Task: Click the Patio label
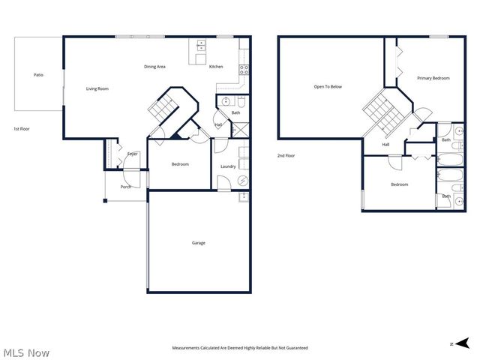pyautogui.click(x=37, y=74)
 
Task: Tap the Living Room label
pyautogui.click(x=97, y=88)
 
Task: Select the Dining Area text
pyautogui.click(x=154, y=67)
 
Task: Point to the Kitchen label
pyautogui.click(x=216, y=67)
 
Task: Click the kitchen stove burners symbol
pyautogui.click(x=243, y=70)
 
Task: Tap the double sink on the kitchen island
pyautogui.click(x=201, y=46)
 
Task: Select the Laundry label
pyautogui.click(x=229, y=166)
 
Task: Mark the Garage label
pyautogui.click(x=198, y=242)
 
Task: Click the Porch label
pyautogui.click(x=126, y=187)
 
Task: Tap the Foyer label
pyautogui.click(x=132, y=154)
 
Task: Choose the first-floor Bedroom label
pyautogui.click(x=180, y=164)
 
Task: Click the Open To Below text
pyautogui.click(x=328, y=86)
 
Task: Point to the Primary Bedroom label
pyautogui.click(x=433, y=77)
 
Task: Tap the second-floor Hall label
pyautogui.click(x=386, y=144)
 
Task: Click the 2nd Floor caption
pyautogui.click(x=286, y=155)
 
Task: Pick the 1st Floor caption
pyautogui.click(x=22, y=129)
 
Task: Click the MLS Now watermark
pyautogui.click(x=26, y=352)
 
